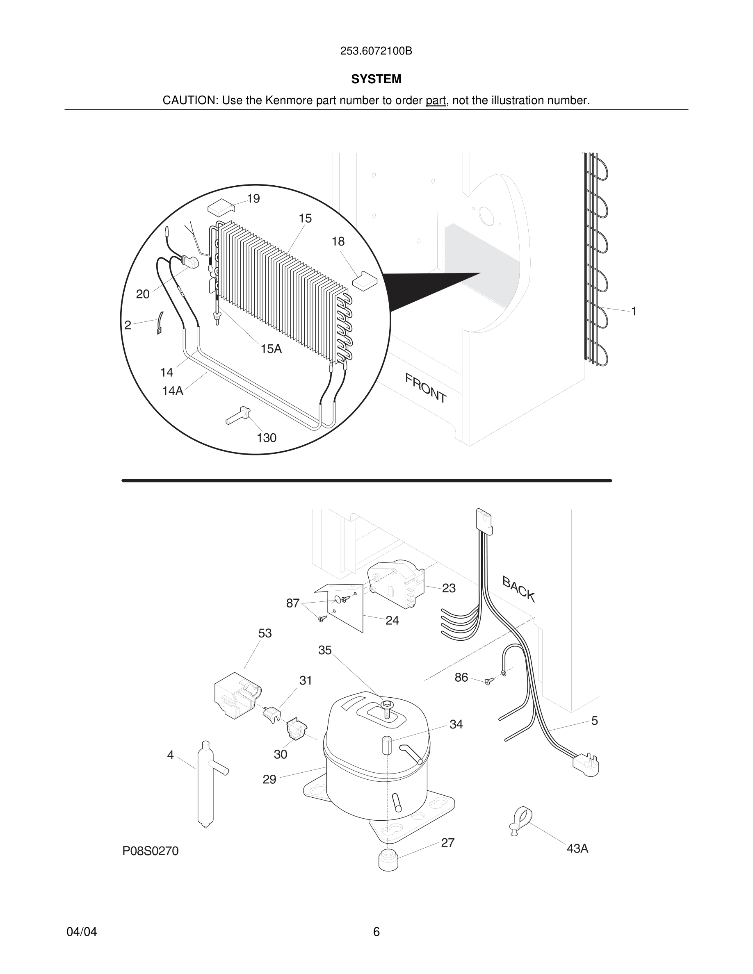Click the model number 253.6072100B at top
tap(376, 51)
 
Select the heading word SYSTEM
tap(376, 80)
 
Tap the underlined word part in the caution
tap(436, 101)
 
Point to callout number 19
tap(253, 199)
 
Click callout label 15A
tap(271, 349)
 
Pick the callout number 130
tap(266, 438)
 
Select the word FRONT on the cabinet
tap(426, 388)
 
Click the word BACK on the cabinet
tap(518, 588)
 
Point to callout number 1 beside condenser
tap(634, 311)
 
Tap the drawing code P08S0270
tap(151, 851)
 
